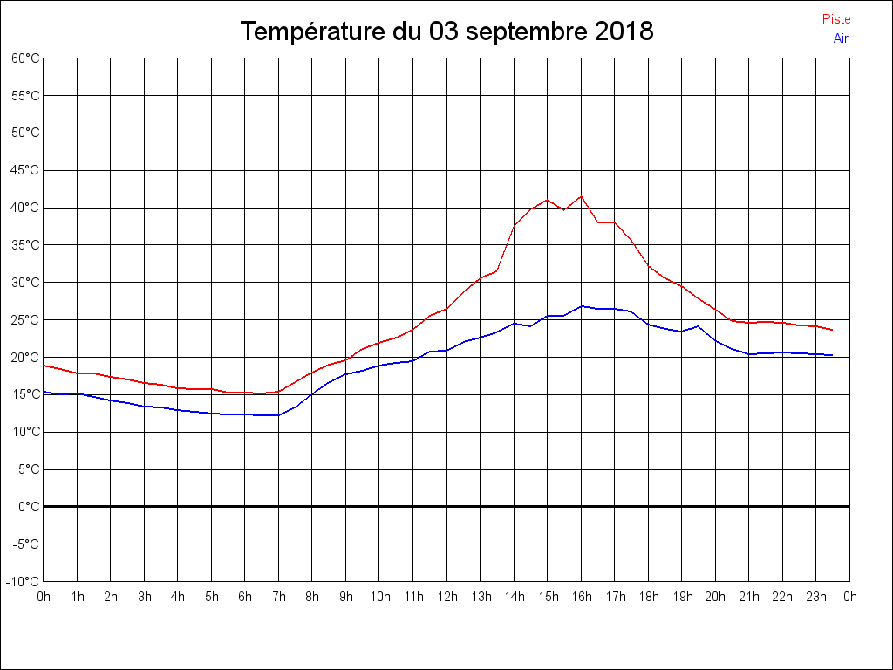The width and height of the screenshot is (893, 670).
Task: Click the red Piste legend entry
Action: pyautogui.click(x=835, y=19)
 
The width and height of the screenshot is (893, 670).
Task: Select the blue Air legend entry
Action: pyautogui.click(x=841, y=38)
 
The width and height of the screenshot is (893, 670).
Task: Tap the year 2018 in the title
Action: pyautogui.click(x=624, y=31)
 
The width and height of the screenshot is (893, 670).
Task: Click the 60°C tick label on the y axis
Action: pyautogui.click(x=25, y=58)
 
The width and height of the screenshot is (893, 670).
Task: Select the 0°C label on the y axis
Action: pyautogui.click(x=29, y=506)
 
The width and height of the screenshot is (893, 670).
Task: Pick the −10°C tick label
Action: pyautogui.click(x=23, y=581)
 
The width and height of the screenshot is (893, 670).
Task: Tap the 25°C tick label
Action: pyautogui.click(x=25, y=319)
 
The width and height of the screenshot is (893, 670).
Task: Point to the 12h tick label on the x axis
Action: pyautogui.click(x=446, y=597)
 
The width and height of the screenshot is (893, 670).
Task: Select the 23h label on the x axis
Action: pyautogui.click(x=816, y=597)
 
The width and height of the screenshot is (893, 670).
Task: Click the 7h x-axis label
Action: pyautogui.click(x=279, y=597)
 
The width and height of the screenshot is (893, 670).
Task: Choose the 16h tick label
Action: pyautogui.click(x=582, y=597)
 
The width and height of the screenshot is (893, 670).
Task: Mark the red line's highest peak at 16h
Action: pyautogui.click(x=582, y=196)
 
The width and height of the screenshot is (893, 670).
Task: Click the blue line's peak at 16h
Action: pyautogui.click(x=582, y=306)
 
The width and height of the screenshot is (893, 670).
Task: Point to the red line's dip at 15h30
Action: pyautogui.click(x=564, y=210)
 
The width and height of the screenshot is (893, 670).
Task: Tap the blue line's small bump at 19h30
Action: pyautogui.click(x=699, y=326)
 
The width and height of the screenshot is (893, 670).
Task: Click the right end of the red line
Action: pyautogui.click(x=832, y=330)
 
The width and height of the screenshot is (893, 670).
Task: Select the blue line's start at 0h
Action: pyautogui.click(x=44, y=392)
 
